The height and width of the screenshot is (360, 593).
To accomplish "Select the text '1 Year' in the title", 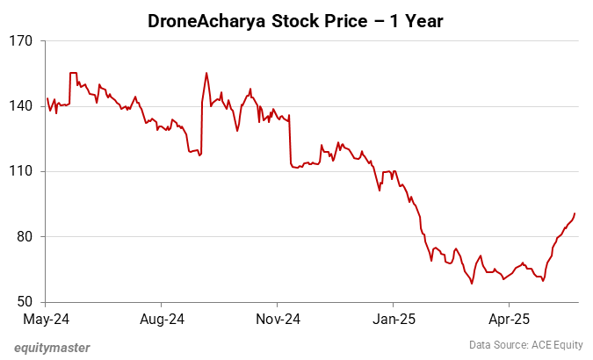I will click(x=417, y=19).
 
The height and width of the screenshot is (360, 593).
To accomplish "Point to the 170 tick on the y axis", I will click(x=20, y=41).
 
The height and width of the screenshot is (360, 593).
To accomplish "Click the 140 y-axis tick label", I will click(x=20, y=106).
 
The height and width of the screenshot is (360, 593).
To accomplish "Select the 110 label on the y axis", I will click(x=20, y=171).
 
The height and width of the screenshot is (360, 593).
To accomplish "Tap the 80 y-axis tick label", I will click(x=23, y=236).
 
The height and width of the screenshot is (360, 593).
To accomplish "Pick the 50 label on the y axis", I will click(x=23, y=301).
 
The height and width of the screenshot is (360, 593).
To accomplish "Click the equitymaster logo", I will click(x=52, y=347).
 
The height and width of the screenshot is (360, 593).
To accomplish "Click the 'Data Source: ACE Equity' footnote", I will click(x=524, y=347).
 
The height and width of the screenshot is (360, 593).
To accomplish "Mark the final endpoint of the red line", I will click(x=575, y=212).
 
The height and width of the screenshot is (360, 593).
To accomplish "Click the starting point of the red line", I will click(x=47, y=98).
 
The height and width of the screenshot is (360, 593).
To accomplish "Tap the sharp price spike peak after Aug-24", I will click(x=206, y=73).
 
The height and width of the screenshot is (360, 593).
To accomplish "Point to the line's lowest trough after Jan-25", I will click(x=472, y=284).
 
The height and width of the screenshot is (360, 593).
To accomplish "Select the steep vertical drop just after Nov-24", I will click(x=290, y=140).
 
